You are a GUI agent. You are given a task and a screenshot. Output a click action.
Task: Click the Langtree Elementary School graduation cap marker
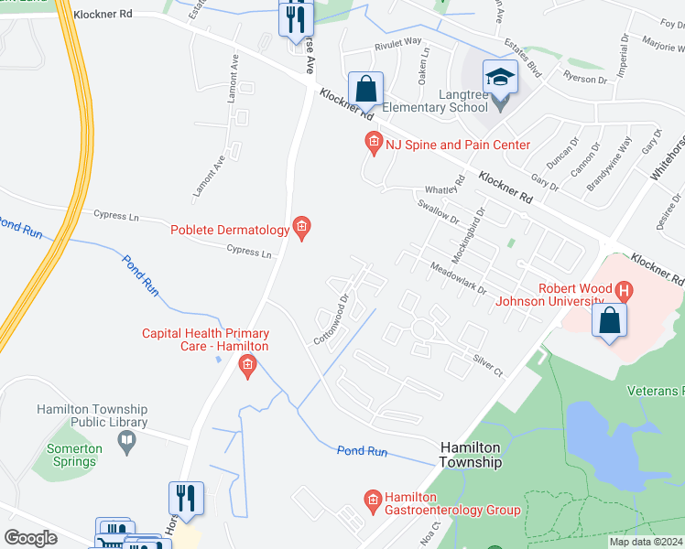pos(501,77)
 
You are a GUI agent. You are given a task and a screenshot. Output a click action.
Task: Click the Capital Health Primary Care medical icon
pos(246,367)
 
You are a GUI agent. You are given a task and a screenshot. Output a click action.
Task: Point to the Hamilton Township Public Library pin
pos(127,442)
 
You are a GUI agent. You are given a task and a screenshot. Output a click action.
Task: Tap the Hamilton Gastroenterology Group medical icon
pos(372,500)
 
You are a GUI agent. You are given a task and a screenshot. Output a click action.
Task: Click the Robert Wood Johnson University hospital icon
pos(625,292)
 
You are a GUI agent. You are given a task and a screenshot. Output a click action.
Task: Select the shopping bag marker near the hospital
pos(609,321)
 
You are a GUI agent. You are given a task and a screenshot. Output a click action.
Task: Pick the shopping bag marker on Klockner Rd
pos(365,90)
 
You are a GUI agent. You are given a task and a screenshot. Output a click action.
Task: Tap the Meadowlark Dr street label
pos(459,276)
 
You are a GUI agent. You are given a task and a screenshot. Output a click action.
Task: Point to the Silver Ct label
pos(488,365)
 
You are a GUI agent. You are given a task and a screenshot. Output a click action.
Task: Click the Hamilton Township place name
pos(472,454)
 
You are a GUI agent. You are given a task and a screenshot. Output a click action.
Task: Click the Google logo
pos(30,538)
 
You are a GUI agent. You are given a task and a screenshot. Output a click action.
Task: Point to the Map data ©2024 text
pos(645,542)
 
